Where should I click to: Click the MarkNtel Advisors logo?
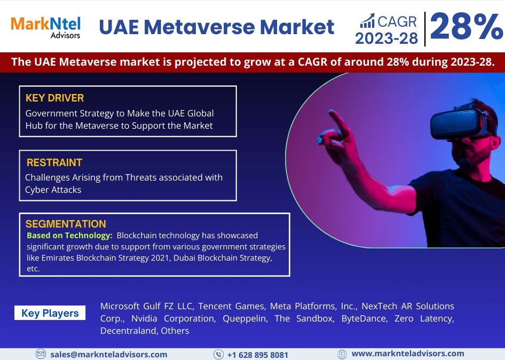pyautogui.click(x=46, y=28)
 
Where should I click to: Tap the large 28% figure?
pyautogui.click(x=467, y=26)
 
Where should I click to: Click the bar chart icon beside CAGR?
pyautogui.click(x=367, y=21)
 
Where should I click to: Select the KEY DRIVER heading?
pyautogui.click(x=55, y=98)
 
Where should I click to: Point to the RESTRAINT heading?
pyautogui.click(x=54, y=162)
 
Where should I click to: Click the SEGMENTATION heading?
pyautogui.click(x=66, y=224)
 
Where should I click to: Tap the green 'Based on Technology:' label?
pyautogui.click(x=69, y=236)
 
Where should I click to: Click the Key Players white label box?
pyautogui.click(x=50, y=313)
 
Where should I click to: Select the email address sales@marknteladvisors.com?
pyautogui.click(x=109, y=355)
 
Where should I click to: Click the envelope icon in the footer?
pyautogui.click(x=41, y=354)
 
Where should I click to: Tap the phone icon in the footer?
pyautogui.click(x=218, y=355)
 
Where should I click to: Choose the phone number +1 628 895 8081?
pyautogui.click(x=258, y=355)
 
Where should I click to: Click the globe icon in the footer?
pyautogui.click(x=342, y=355)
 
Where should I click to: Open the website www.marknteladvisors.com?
pyautogui.click(x=408, y=354)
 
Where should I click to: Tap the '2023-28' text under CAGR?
pyautogui.click(x=386, y=38)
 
